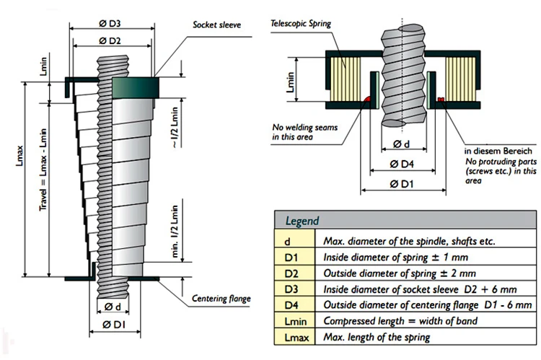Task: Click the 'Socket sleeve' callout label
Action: pos(216,25)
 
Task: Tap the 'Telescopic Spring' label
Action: pos(302,23)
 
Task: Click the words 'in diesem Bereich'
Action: pos(498,152)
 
